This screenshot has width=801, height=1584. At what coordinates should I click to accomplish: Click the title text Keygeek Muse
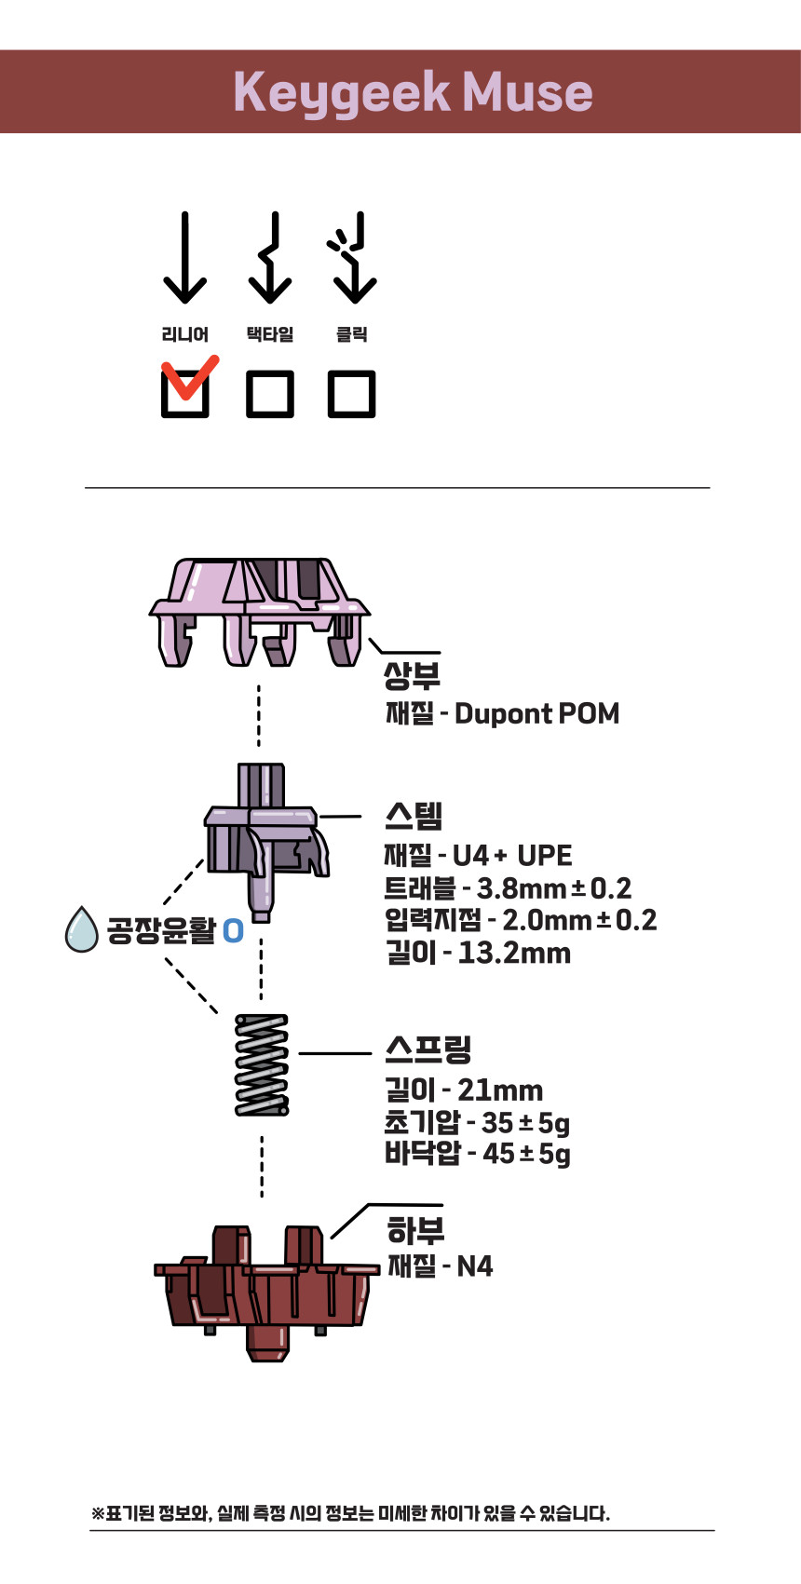click(413, 92)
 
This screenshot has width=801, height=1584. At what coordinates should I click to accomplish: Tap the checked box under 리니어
click(185, 393)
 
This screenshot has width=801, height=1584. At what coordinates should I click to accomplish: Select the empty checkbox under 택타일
click(270, 393)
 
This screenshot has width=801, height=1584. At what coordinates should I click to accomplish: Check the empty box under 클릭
click(352, 393)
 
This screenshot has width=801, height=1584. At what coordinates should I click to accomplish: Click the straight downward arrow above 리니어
click(185, 258)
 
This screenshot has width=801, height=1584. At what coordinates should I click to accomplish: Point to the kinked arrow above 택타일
click(270, 258)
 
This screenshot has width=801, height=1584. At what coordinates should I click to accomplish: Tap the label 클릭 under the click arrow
click(352, 334)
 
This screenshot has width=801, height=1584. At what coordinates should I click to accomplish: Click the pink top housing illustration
click(258, 611)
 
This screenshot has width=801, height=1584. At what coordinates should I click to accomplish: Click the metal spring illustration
click(262, 1064)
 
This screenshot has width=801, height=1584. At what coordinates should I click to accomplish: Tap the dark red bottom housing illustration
click(265, 1290)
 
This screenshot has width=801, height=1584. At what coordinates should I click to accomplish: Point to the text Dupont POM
click(536, 714)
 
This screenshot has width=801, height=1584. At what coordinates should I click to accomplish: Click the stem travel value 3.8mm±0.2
click(554, 888)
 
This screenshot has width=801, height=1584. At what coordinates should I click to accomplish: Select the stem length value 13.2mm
click(514, 953)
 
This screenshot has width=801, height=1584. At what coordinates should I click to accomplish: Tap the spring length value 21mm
click(500, 1090)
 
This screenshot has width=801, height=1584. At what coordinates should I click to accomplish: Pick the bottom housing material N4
click(474, 1266)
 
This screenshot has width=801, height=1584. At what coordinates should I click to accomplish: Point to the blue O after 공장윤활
click(233, 930)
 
